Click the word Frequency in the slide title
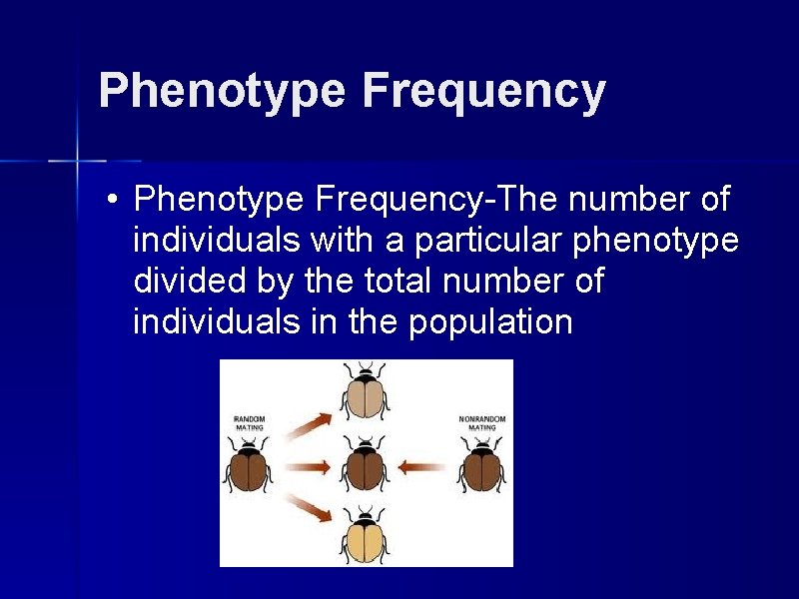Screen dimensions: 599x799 tap(483, 92)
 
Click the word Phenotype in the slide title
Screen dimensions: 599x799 tap(221, 92)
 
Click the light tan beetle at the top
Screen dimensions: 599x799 tap(367, 393)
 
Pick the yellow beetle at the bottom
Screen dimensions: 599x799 tap(366, 535)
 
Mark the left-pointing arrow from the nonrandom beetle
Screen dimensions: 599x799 tap(423, 466)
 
